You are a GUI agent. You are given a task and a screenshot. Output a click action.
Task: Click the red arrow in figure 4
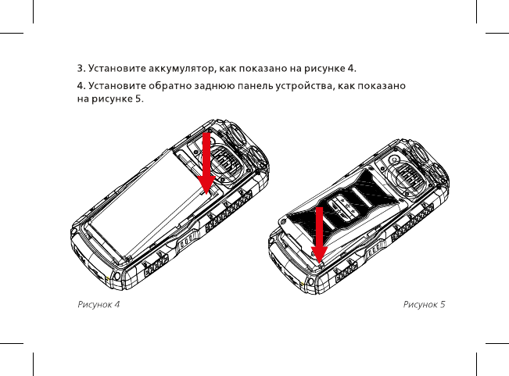206,164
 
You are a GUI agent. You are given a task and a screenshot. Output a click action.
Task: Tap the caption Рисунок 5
424,303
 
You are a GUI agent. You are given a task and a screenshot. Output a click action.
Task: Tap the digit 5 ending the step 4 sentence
139,98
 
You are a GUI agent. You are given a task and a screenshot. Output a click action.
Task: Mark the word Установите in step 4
116,84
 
